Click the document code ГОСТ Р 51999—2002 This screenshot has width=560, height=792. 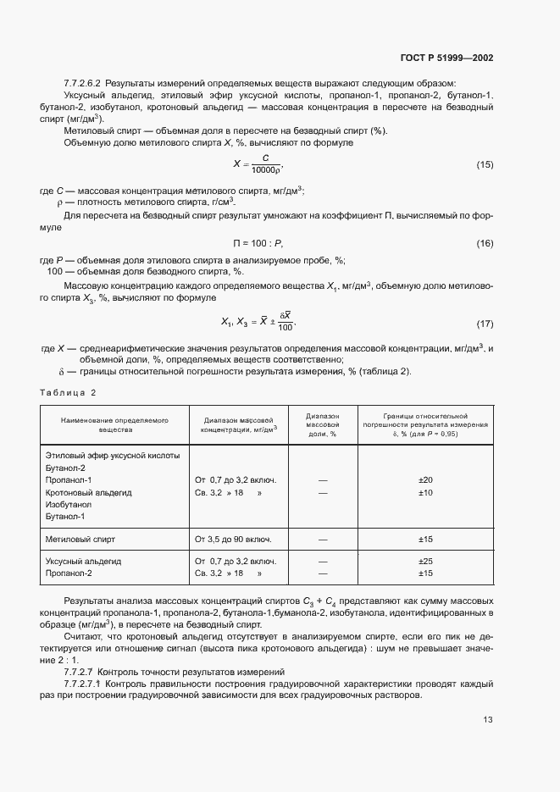pyautogui.click(x=446, y=58)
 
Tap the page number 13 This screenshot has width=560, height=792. pyautogui.click(x=488, y=721)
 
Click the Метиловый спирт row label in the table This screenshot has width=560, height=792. pyautogui.click(x=80, y=539)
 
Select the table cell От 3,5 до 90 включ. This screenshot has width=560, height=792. pyautogui.click(x=233, y=539)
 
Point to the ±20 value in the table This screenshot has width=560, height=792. pyautogui.click(x=425, y=479)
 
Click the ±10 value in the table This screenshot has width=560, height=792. pyautogui.click(x=425, y=492)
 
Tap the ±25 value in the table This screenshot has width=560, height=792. pyautogui.click(x=425, y=561)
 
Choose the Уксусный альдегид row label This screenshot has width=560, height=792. pyautogui.click(x=83, y=561)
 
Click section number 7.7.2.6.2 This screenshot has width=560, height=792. pyautogui.click(x=82, y=83)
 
